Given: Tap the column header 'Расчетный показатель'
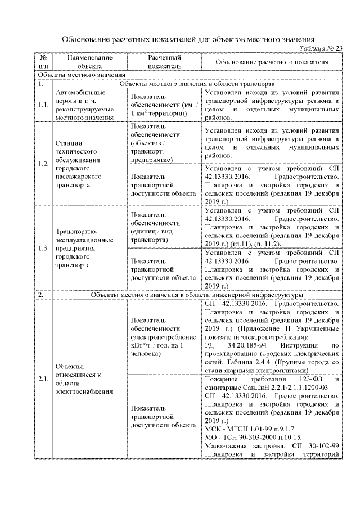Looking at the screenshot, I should [164, 61].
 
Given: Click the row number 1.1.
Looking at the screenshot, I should [43, 105].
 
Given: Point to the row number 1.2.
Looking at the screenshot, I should [43, 164].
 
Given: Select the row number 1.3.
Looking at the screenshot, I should [43, 249].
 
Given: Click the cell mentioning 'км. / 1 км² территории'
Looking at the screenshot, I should [164, 105].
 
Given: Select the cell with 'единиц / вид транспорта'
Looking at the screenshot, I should [164, 227].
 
